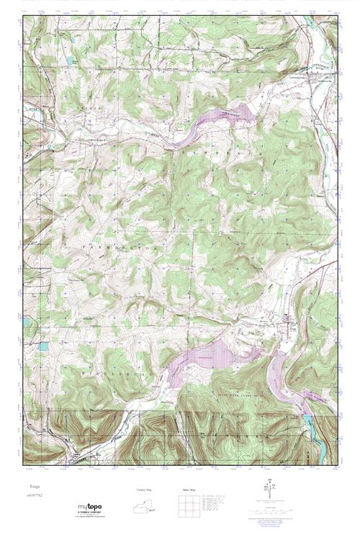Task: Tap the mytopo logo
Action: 89,508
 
